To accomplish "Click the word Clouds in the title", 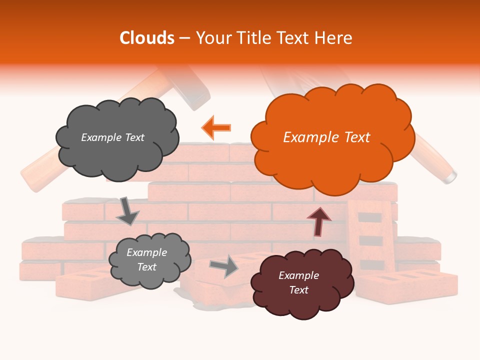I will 147,38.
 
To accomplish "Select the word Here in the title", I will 334,38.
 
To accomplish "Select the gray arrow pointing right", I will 224,266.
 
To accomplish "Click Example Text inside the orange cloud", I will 326,137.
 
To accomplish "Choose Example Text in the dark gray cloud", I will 112,137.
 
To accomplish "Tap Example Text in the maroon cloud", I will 298,282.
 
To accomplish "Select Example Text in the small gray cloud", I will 146,259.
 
